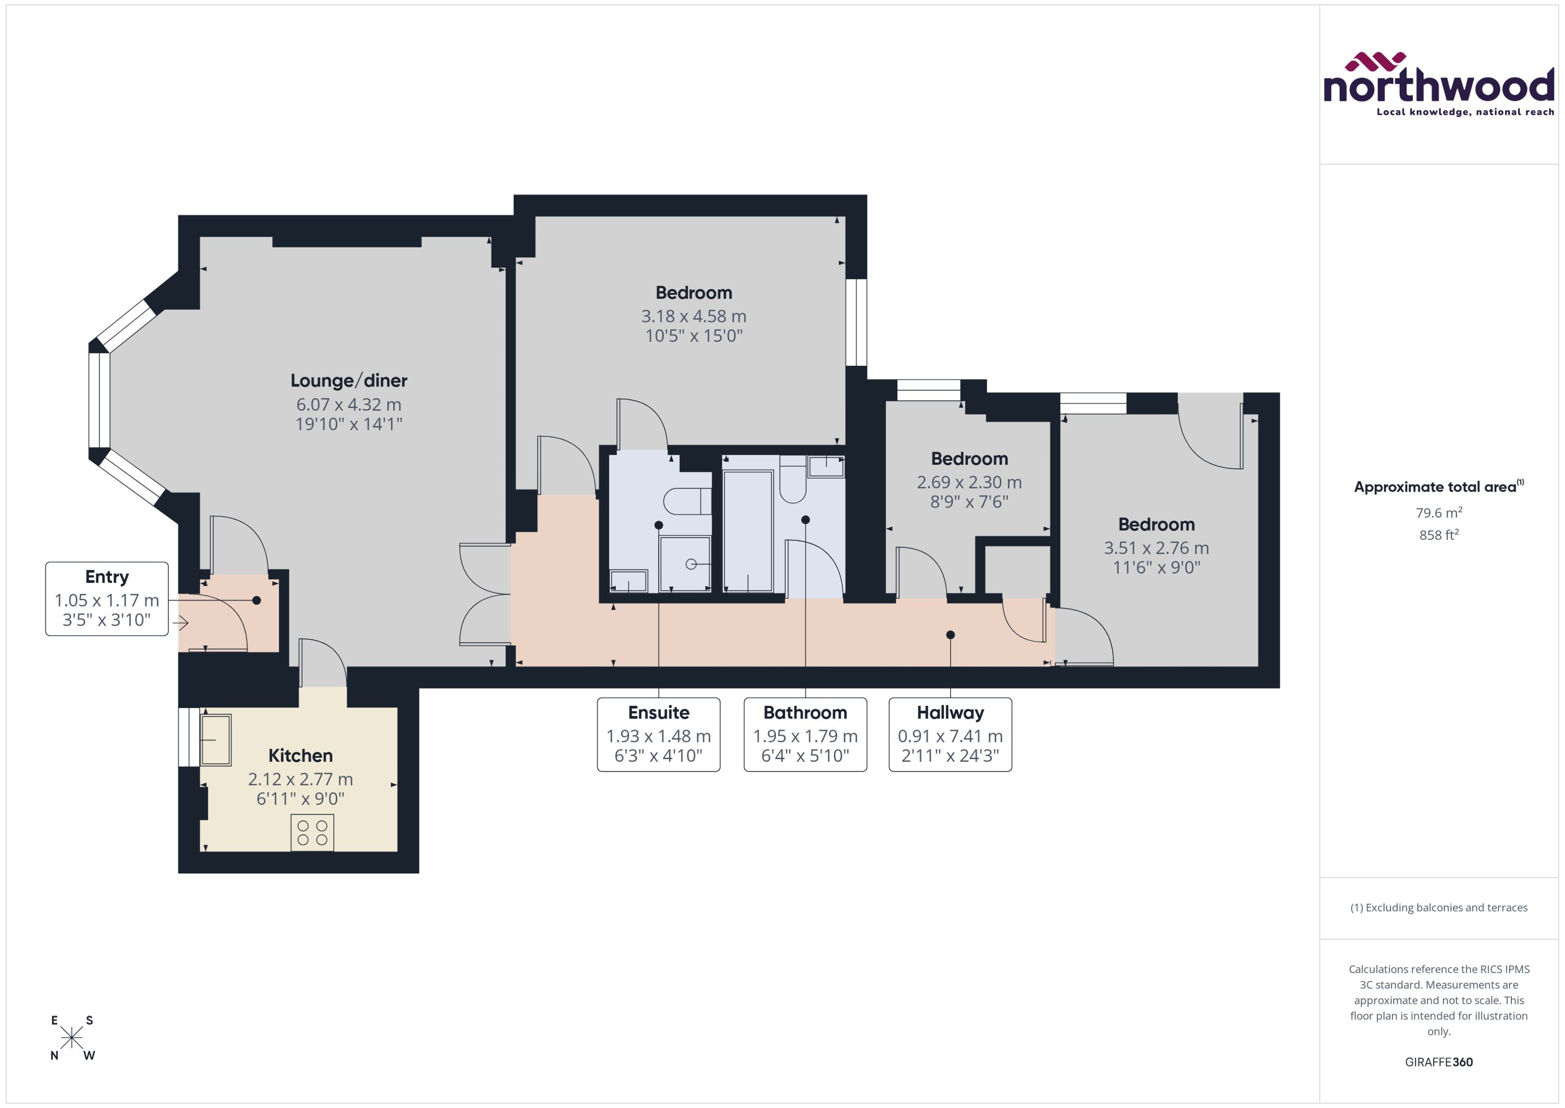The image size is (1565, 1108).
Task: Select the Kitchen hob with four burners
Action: pyautogui.click(x=312, y=833)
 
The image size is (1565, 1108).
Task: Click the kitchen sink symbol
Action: pyautogui.click(x=216, y=739)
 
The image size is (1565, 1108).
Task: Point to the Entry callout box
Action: pyautogui.click(x=107, y=599)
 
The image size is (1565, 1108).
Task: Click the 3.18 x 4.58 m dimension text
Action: pyautogui.click(x=694, y=317)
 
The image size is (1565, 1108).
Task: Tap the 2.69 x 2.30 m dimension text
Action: pyautogui.click(x=969, y=482)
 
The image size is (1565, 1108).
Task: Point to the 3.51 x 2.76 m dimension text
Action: pyautogui.click(x=1156, y=548)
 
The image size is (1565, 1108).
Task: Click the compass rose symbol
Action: pyautogui.click(x=72, y=1038)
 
